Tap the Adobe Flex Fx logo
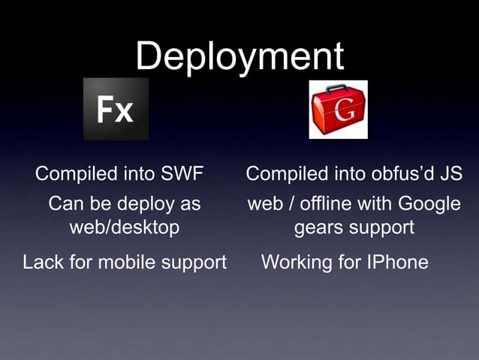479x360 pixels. [x=116, y=110]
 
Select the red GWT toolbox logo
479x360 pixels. [x=339, y=110]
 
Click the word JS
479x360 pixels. [x=450, y=174]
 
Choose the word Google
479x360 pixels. [x=429, y=204]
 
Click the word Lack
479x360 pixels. [x=43, y=262]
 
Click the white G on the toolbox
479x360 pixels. [x=345, y=115]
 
